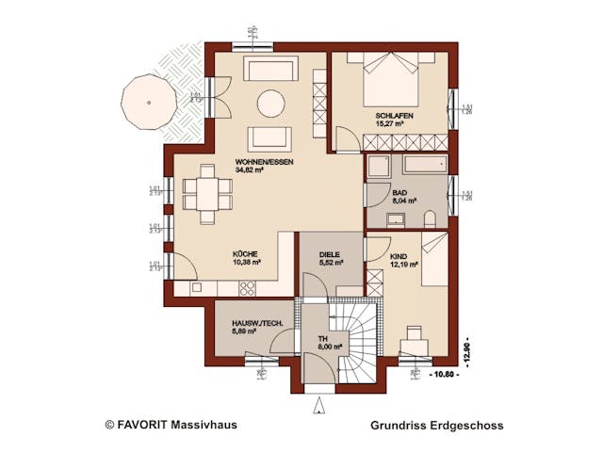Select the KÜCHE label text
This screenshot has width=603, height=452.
(x=246, y=254)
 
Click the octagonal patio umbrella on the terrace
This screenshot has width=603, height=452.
(x=148, y=101)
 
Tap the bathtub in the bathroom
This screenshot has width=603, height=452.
(x=421, y=167)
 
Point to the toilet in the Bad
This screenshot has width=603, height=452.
(x=431, y=219)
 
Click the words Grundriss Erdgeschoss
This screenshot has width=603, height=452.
(x=437, y=426)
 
